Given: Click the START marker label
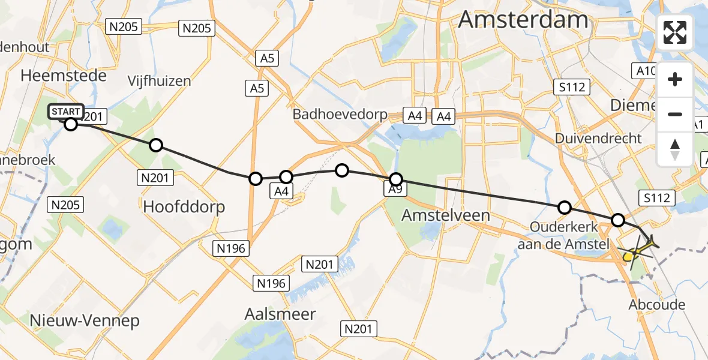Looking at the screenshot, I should tap(66, 112).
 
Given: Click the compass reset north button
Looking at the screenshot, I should tap(676, 149).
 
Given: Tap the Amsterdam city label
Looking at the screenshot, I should tap(523, 20).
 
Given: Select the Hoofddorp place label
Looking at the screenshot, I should tap(184, 207).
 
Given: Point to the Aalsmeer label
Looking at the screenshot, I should tap(280, 313).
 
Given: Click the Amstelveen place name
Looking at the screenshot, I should tap(446, 215).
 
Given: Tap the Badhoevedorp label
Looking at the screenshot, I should tap(340, 114).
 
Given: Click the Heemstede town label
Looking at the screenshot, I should tap(64, 76).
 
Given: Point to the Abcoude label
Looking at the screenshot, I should tap(656, 304).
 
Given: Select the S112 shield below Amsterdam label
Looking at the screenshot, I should tap(571, 88).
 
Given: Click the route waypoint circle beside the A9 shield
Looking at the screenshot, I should tap(396, 179).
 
